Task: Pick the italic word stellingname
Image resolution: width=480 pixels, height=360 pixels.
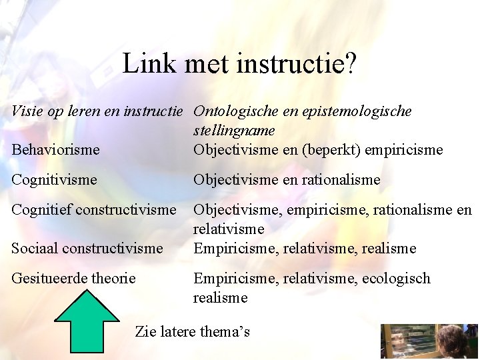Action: click(234, 131)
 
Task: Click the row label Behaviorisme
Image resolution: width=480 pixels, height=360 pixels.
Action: click(55, 150)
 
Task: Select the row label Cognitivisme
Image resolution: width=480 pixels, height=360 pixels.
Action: click(54, 180)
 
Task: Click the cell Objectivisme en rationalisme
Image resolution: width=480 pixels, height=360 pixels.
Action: click(287, 180)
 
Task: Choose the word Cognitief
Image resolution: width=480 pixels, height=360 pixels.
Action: click(43, 210)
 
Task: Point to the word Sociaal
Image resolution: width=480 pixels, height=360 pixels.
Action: click(36, 249)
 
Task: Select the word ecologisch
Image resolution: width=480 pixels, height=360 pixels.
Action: click(397, 278)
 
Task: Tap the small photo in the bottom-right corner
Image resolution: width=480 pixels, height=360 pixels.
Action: click(429, 341)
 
